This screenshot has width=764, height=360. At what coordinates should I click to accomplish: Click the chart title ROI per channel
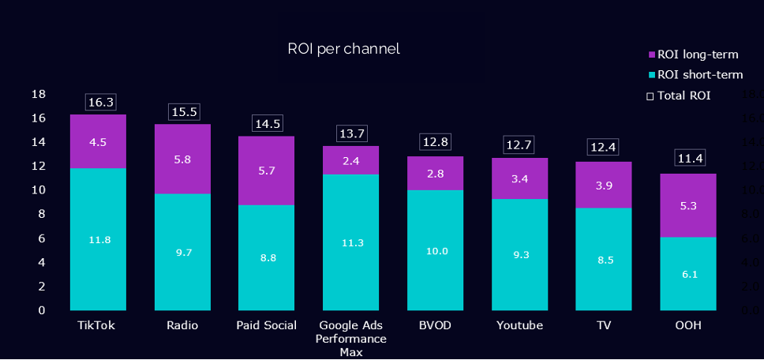click(343, 49)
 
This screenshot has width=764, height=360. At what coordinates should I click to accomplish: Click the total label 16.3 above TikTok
click(101, 102)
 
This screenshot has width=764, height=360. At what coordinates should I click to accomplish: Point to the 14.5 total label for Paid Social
click(267, 124)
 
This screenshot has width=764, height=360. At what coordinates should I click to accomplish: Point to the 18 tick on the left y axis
click(37, 95)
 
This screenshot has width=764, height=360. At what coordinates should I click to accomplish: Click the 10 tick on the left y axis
click(37, 190)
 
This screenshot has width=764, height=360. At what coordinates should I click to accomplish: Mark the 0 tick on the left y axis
click(41, 310)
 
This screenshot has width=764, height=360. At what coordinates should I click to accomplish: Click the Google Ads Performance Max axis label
click(351, 339)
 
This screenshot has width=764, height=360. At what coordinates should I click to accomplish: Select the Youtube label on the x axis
click(519, 325)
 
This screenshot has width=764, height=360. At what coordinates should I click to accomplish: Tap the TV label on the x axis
click(604, 325)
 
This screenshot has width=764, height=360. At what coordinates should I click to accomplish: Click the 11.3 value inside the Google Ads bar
click(351, 242)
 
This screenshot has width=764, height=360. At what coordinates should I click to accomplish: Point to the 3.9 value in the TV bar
click(604, 185)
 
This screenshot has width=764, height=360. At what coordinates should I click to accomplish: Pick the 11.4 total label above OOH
click(690, 159)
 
